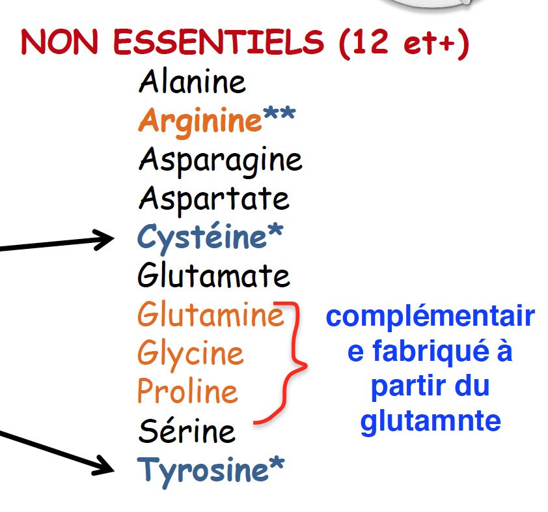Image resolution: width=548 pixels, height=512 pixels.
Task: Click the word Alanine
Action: pos(192,82)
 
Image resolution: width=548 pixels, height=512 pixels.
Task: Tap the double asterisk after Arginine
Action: pos(279,117)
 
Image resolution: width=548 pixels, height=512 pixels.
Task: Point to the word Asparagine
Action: pos(220,160)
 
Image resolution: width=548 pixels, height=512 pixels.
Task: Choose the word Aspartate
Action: pos(213,198)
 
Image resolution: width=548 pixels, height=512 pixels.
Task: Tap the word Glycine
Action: pos(190,354)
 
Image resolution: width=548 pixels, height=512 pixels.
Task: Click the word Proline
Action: pos(187,391)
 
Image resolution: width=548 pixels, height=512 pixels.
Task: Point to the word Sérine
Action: pos(187,431)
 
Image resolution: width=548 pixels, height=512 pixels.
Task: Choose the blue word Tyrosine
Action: pos(202,470)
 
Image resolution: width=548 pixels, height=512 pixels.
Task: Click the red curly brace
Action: pos(294,365)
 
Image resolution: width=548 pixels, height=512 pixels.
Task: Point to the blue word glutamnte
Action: pos(430,421)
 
